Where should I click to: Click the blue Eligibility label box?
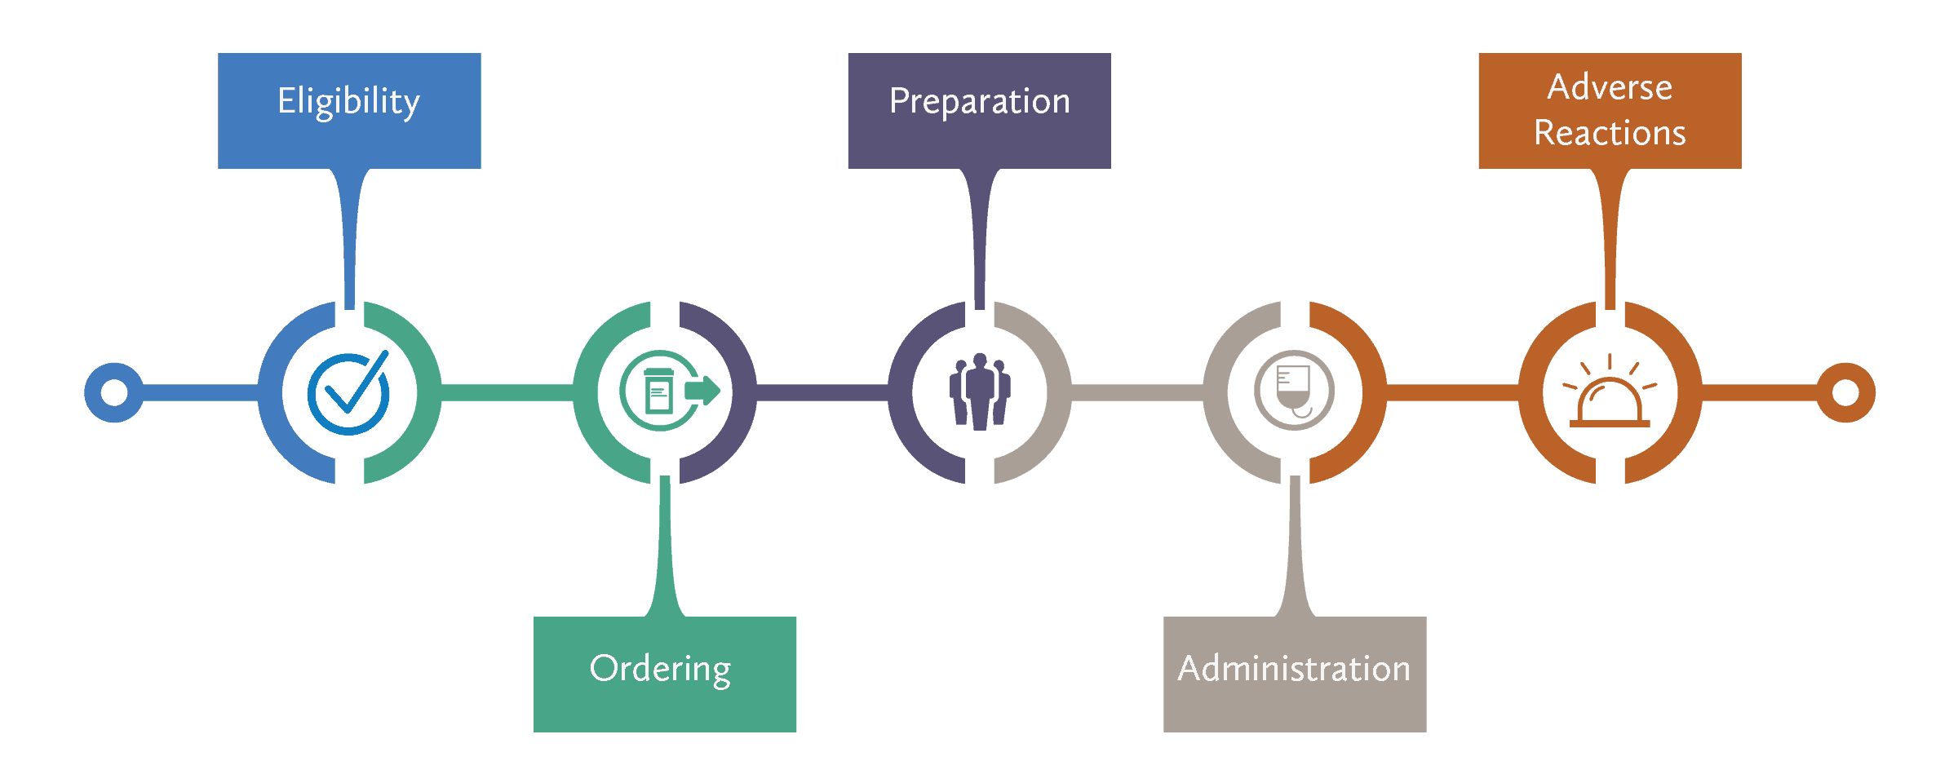[349, 111]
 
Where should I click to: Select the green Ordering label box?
[664, 674]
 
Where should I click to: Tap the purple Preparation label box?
[979, 111]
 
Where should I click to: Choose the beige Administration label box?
[1294, 674]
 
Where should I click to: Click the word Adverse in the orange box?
[1610, 87]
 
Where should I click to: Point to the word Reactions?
[1610, 133]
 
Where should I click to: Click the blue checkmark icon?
[349, 393]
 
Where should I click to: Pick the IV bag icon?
[1294, 390]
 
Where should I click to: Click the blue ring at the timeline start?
[114, 392]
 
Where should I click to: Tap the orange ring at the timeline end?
[1845, 392]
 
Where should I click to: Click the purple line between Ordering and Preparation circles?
[822, 392]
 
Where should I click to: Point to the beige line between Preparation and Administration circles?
[1137, 392]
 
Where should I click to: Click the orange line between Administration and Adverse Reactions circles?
[1452, 392]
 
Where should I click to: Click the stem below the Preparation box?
[980, 237]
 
